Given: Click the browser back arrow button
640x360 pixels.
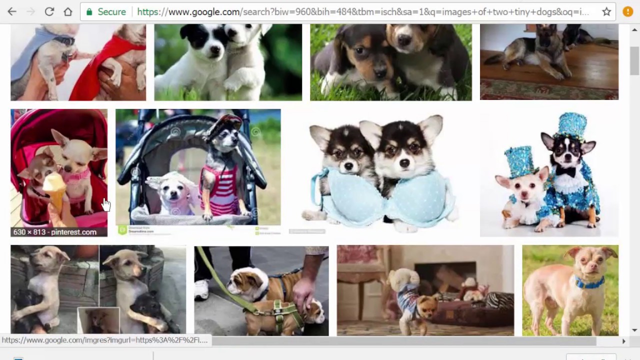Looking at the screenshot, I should click(x=12, y=11).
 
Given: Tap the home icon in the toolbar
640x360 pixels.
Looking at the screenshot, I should click(x=68, y=11).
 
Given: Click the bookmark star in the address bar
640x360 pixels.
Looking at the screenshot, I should click(x=606, y=11).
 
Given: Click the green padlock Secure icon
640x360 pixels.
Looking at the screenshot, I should click(x=90, y=11).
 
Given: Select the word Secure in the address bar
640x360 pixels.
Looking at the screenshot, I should click(x=111, y=11).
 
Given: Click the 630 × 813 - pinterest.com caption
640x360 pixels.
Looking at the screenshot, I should click(x=55, y=232).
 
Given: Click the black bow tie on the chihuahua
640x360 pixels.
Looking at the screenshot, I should click(x=566, y=171).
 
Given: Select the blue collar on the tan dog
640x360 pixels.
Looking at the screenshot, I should click(x=590, y=283).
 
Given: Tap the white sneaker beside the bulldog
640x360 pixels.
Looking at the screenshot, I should click(x=201, y=290).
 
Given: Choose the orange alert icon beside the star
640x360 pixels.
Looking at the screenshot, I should click(x=628, y=11).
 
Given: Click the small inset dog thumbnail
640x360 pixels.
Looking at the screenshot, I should click(x=98, y=320).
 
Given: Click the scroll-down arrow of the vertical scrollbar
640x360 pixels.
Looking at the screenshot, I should click(x=634, y=330).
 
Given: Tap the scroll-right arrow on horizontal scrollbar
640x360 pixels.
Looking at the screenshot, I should click(x=623, y=341).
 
